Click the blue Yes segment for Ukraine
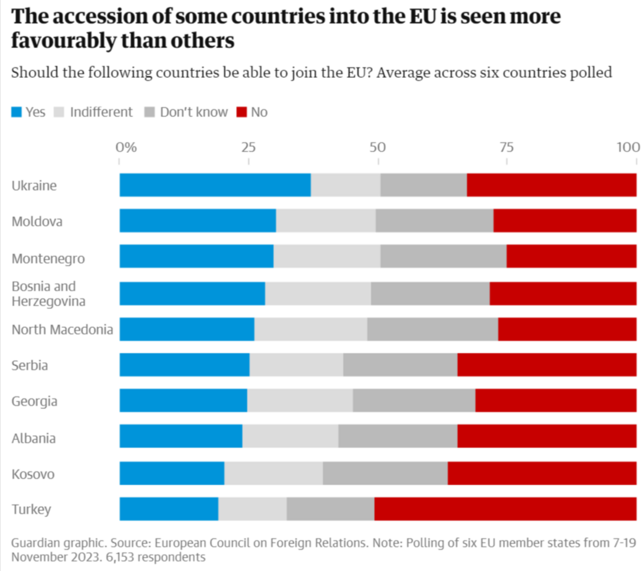pos(215,185)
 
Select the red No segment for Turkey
pos(505,509)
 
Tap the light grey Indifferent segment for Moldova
pos(325,220)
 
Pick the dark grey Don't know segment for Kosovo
pos(385,473)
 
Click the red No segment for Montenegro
pos(571,256)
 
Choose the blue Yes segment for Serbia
pos(184,365)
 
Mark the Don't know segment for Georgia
pos(414,400)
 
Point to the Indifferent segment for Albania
pos(290,436)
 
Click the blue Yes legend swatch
pos(16,112)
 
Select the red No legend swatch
pos(242,112)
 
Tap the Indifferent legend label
pos(101,112)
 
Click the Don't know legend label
pos(194,112)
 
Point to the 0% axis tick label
pos(126,148)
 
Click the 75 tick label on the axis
pos(506,148)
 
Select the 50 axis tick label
pos(378,148)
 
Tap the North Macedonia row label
pos(62,329)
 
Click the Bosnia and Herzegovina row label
pos(49,294)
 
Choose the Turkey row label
pos(31,509)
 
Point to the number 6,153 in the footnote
pos(120,557)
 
